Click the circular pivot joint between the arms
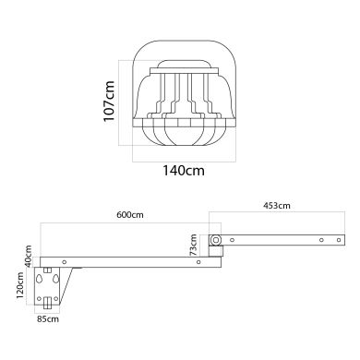(x=215, y=241)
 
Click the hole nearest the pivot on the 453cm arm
(x=233, y=241)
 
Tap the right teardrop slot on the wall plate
(x=59, y=278)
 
